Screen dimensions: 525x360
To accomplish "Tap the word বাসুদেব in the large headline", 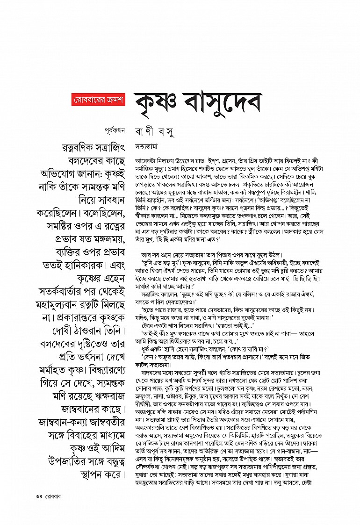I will (x=223, y=101).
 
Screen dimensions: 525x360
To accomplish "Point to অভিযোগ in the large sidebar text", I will (x=78, y=180).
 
